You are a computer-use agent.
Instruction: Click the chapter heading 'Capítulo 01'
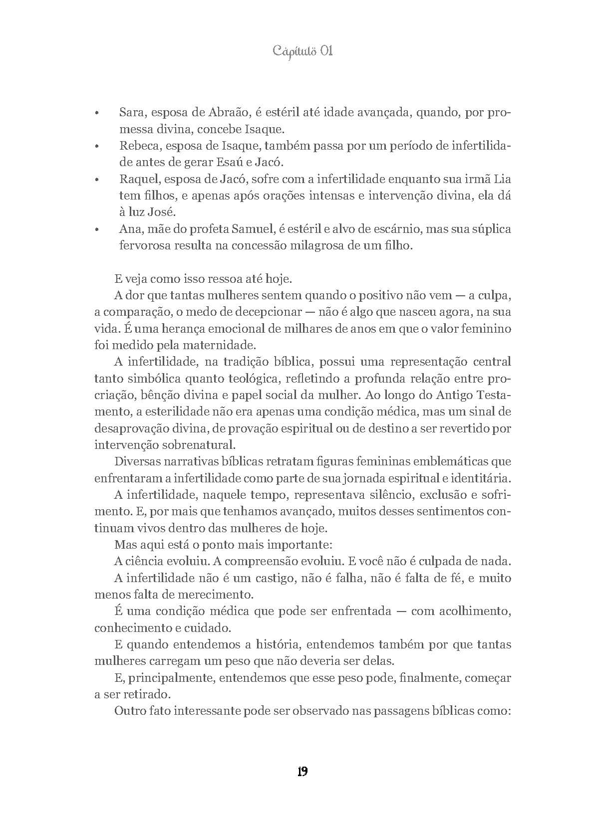coord(302,51)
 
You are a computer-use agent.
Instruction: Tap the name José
coord(161,212)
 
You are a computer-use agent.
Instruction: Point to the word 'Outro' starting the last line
coord(129,711)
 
